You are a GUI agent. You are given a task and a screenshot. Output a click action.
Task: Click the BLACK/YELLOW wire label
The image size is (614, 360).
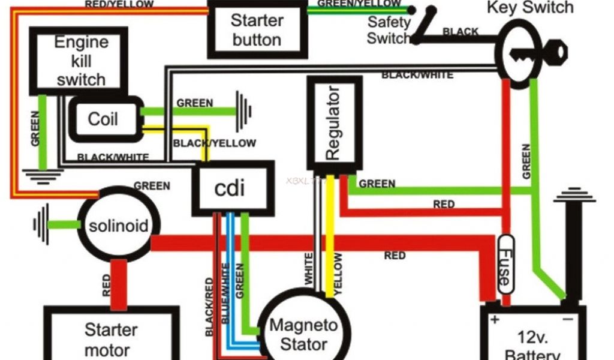click(x=214, y=143)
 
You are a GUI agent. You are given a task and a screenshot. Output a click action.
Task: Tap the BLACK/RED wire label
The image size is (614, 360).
click(x=209, y=307)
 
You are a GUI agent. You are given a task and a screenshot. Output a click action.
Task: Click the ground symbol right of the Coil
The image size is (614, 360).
click(x=243, y=111)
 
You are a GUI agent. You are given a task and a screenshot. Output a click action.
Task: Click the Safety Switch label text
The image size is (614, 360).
click(x=389, y=30)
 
